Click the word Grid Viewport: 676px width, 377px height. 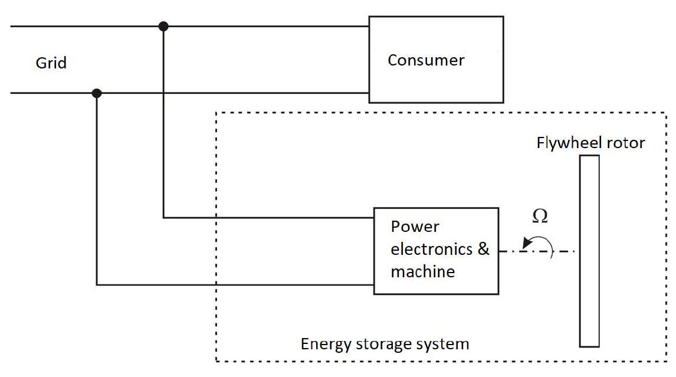[x=51, y=63]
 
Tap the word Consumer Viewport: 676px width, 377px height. [x=426, y=60]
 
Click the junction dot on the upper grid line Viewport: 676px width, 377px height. [x=163, y=26]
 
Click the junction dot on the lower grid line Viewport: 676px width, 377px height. [x=97, y=93]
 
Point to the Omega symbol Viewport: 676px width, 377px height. [x=540, y=217]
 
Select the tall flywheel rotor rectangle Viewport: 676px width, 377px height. [x=589, y=251]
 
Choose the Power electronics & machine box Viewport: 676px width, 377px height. [x=436, y=251]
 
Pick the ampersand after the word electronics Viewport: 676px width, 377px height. [x=483, y=249]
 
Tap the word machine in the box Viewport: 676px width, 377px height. [x=422, y=271]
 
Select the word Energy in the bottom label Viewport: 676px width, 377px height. [x=323, y=344]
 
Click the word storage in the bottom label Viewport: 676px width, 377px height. [x=385, y=344]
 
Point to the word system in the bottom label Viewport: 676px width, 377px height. [x=446, y=344]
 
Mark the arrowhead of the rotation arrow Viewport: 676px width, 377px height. [x=524, y=242]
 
